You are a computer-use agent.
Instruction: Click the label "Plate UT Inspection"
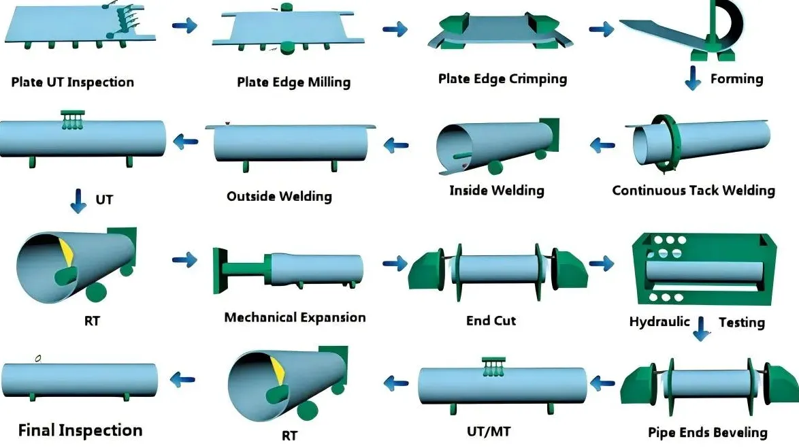tap(72, 82)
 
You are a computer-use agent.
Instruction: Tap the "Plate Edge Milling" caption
tap(293, 82)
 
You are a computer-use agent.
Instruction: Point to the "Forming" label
tap(737, 79)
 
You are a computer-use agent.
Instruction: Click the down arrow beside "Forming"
tap(693, 78)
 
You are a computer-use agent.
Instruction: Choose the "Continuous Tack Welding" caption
tap(694, 191)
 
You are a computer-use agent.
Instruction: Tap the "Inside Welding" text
tap(497, 191)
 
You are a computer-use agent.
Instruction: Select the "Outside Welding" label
tap(279, 197)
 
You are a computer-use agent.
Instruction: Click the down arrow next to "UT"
tap(78, 201)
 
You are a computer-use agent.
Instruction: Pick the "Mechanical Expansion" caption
tap(295, 317)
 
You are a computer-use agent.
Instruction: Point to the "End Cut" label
tap(491, 321)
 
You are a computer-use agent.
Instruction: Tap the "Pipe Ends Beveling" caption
tap(707, 433)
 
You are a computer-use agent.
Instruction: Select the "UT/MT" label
tap(489, 432)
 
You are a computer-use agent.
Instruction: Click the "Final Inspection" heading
tap(80, 431)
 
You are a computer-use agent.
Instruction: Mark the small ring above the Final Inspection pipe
tap(37, 359)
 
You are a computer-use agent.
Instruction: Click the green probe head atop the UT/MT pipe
tap(494, 366)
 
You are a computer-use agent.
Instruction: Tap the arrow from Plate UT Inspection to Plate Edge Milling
tap(184, 25)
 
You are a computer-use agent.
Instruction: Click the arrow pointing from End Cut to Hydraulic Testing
tap(602, 263)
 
